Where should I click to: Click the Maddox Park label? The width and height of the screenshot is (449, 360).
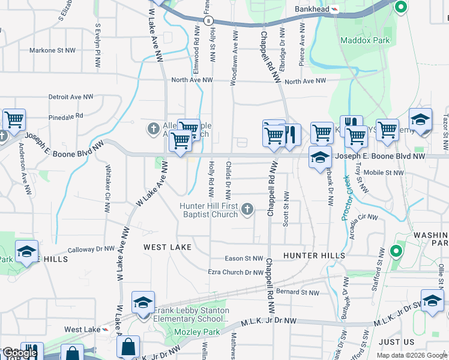pyautogui.click(x=365, y=41)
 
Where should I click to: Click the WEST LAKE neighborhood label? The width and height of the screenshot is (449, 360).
pyautogui.click(x=167, y=247)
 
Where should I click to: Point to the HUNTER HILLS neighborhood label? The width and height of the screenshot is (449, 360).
pyautogui.click(x=314, y=256)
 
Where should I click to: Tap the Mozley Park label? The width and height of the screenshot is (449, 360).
pyautogui.click(x=190, y=332)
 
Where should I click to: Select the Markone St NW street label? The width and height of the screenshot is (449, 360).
pyautogui.click(x=53, y=50)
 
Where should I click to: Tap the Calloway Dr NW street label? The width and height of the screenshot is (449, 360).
pyautogui.click(x=91, y=249)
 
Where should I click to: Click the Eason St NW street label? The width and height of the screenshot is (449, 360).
pyautogui.click(x=244, y=259)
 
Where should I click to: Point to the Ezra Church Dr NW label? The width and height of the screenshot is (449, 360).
pyautogui.click(x=235, y=272)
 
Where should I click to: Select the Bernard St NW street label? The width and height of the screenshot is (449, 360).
pyautogui.click(x=298, y=293)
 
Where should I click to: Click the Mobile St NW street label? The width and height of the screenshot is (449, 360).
pyautogui.click(x=384, y=173)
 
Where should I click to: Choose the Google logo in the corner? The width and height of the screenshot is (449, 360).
pyautogui.click(x=19, y=353)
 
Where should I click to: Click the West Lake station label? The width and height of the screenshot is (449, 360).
pyautogui.click(x=82, y=330)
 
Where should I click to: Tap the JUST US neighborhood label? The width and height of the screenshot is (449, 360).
pyautogui.click(x=397, y=342)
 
